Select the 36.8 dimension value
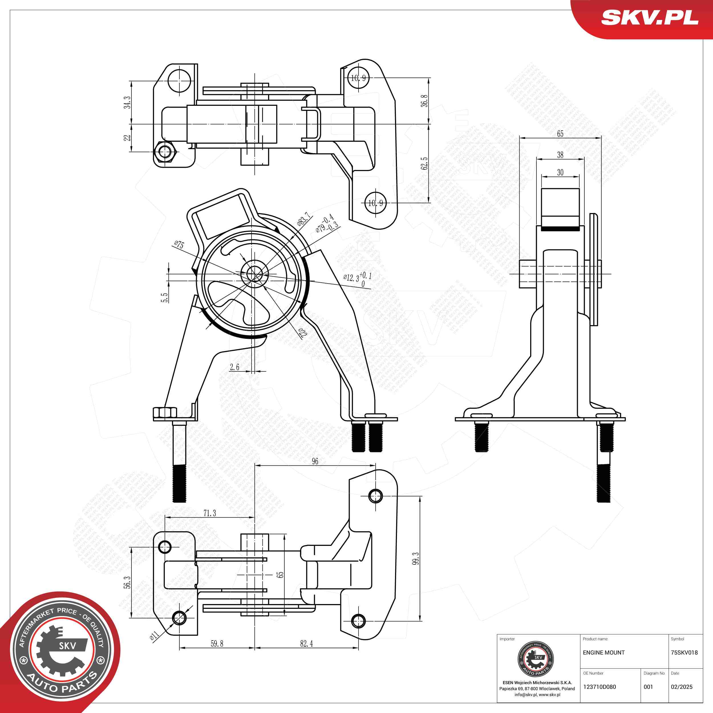point(425,101)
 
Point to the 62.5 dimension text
point(425,163)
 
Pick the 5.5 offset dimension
point(165,297)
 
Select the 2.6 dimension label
point(234,367)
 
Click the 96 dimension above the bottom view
point(315,461)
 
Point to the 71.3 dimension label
point(210,513)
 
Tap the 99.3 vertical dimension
point(416,559)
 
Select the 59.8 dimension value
point(217,644)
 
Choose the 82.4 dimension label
point(306,644)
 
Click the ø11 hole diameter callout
point(154,635)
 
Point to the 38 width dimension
point(560,155)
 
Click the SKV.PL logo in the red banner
point(649,18)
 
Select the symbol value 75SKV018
point(684,653)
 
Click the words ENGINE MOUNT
point(604,653)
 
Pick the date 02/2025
point(682,687)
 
